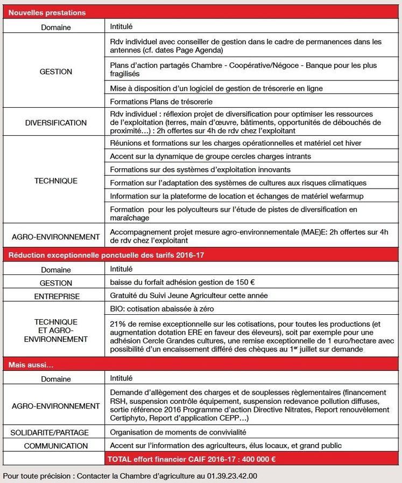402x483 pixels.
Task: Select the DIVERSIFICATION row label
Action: pyautogui.click(x=55, y=123)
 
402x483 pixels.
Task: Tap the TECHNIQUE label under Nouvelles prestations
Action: pyautogui.click(x=55, y=181)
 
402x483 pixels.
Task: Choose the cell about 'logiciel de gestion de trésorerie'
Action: pyautogui.click(x=216, y=88)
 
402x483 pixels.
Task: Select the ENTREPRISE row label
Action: pyautogui.click(x=57, y=296)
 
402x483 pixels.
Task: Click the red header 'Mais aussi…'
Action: pyautogui.click(x=26, y=365)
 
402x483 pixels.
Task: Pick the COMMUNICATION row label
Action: pyautogui.click(x=55, y=446)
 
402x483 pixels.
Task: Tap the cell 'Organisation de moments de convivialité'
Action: pyautogui.click(x=178, y=432)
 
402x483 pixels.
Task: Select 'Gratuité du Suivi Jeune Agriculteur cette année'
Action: pyautogui.click(x=189, y=295)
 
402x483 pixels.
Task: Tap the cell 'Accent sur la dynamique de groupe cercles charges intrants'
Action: pyautogui.click(x=210, y=156)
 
